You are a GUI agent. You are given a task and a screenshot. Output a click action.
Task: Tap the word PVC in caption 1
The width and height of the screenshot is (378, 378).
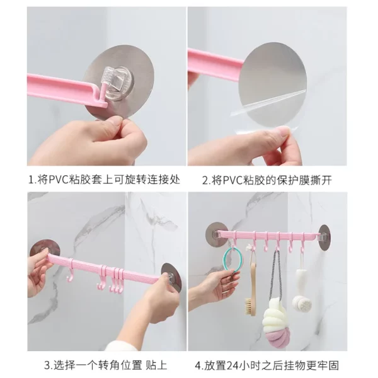tap(59, 180)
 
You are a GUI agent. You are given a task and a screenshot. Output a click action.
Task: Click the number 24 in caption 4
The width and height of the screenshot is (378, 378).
tap(232, 365)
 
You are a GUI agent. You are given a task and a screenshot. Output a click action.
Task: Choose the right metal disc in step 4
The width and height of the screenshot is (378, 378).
tap(324, 238)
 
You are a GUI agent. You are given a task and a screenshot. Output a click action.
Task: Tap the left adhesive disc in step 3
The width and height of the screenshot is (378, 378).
tap(45, 248)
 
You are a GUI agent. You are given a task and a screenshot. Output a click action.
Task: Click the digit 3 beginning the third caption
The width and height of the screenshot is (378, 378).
tap(47, 365)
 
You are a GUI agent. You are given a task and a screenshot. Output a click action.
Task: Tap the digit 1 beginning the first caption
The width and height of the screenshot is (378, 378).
tap(31, 180)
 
